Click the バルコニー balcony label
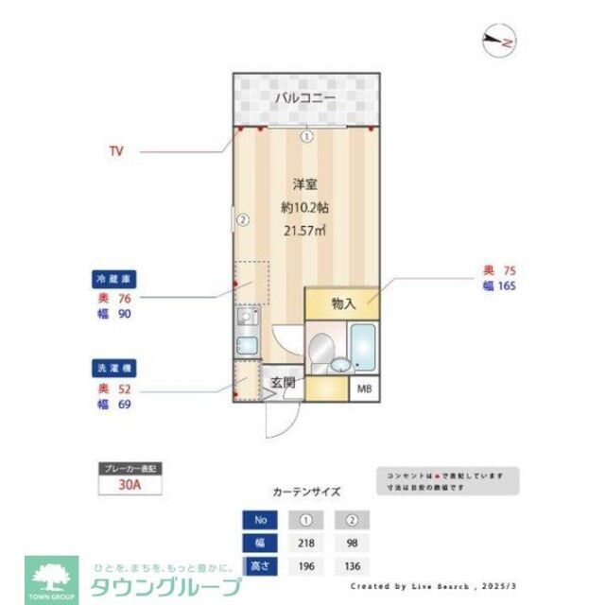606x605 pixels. pyautogui.click(x=306, y=97)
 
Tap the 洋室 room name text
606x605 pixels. pyautogui.click(x=304, y=185)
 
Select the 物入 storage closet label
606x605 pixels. pyautogui.click(x=343, y=303)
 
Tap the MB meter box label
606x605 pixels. pyautogui.click(x=364, y=388)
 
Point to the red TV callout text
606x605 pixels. pyautogui.click(x=116, y=150)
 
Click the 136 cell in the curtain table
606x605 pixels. pyautogui.click(x=352, y=565)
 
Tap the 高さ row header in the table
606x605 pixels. pyautogui.click(x=258, y=565)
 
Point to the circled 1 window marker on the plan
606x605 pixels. pyautogui.click(x=306, y=136)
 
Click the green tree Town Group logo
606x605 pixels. pyautogui.click(x=53, y=575)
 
